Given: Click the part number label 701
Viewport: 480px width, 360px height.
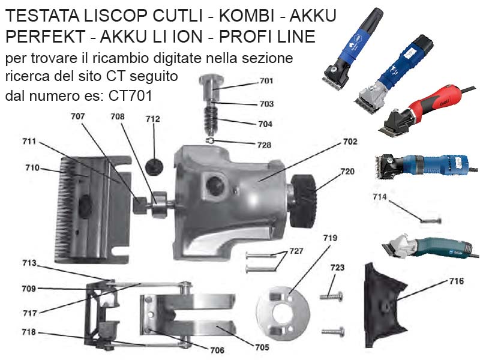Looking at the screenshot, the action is tap(266, 81).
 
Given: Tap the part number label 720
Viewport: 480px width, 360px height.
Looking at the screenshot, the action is tap(348, 172).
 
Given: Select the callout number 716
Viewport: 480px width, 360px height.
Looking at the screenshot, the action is tap(457, 281).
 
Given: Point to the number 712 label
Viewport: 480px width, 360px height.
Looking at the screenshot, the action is tap(153, 119).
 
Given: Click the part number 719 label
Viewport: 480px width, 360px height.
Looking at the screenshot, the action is tap(331, 238).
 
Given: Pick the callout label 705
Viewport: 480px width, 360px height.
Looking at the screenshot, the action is tap(262, 347).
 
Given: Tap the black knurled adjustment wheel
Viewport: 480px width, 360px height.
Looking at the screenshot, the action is tap(303, 201).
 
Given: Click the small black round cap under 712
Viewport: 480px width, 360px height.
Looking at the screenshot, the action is tap(154, 167).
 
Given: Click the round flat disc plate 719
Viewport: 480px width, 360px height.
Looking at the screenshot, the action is tap(283, 313).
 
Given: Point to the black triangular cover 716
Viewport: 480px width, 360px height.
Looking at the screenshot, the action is tap(385, 305).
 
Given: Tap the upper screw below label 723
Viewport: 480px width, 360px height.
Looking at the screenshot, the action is tap(332, 296).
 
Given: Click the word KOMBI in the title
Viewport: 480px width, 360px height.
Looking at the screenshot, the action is tap(247, 16).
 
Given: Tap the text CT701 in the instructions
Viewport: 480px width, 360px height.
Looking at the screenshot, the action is tap(130, 96).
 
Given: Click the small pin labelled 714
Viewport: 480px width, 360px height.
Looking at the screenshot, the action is tap(431, 220).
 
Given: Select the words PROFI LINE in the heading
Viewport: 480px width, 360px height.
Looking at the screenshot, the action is tap(267, 37).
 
